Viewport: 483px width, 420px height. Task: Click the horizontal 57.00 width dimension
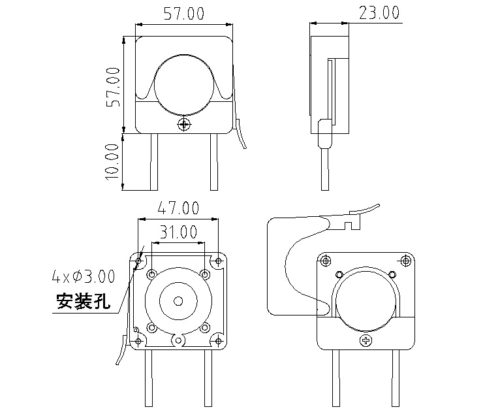[183, 13]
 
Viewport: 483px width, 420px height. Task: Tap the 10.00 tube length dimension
[112, 161]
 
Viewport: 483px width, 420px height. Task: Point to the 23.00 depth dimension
[378, 13]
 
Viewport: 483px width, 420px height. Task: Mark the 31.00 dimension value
[178, 232]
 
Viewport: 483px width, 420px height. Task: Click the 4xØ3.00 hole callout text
[83, 276]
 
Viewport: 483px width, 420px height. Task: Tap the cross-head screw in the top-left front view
[185, 123]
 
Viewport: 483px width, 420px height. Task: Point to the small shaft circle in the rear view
[178, 300]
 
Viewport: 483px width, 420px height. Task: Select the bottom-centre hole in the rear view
[178, 340]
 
